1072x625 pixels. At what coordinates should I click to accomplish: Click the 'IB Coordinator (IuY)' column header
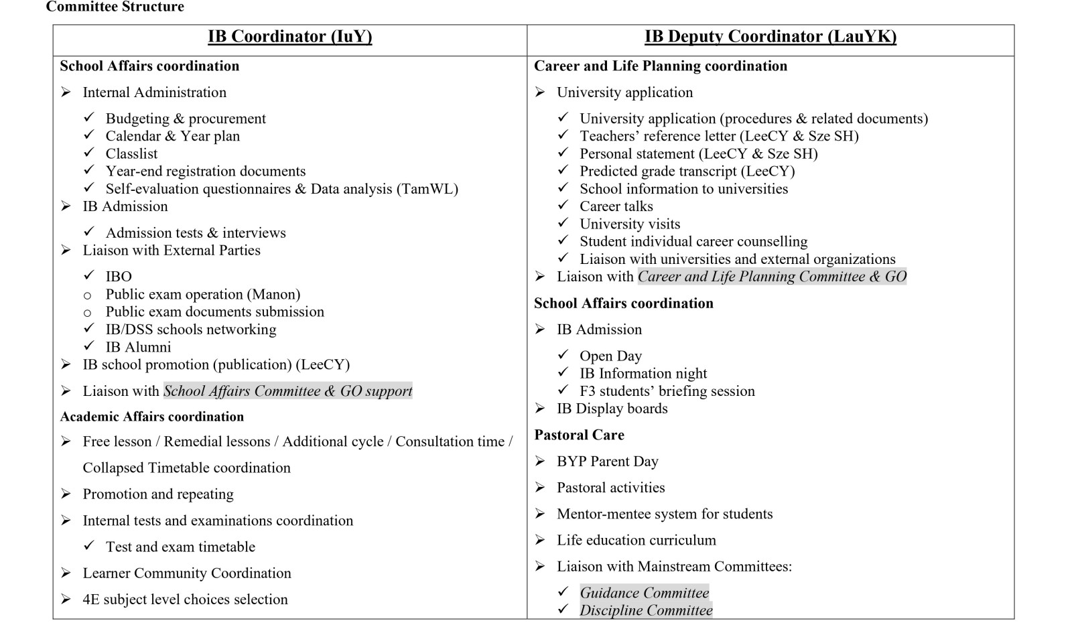pyautogui.click(x=289, y=37)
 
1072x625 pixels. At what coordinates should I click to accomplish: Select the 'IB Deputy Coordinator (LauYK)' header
pyautogui.click(x=770, y=37)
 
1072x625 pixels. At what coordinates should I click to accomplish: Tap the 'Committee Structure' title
pyautogui.click(x=115, y=7)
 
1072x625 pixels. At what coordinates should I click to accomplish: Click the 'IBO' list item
pyautogui.click(x=119, y=277)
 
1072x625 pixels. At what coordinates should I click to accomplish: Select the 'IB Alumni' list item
pyautogui.click(x=138, y=347)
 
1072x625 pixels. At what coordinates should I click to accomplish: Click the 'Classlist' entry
pyautogui.click(x=131, y=154)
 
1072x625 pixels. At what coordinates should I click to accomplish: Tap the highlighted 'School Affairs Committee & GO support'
pyautogui.click(x=287, y=391)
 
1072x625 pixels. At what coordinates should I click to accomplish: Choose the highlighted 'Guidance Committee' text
pyautogui.click(x=644, y=593)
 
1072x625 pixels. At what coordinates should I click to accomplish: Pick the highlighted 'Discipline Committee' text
pyautogui.click(x=646, y=610)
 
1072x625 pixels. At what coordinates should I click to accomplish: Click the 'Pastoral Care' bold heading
pyautogui.click(x=579, y=435)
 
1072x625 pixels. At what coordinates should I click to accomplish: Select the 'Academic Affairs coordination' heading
pyautogui.click(x=151, y=417)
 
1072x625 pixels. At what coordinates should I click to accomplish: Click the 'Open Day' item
pyautogui.click(x=610, y=356)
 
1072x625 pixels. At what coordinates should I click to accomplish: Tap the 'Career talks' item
pyautogui.click(x=616, y=206)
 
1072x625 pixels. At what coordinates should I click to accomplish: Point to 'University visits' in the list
pyautogui.click(x=630, y=224)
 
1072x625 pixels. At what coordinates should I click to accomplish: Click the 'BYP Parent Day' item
pyautogui.click(x=607, y=462)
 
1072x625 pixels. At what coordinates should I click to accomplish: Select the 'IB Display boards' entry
pyautogui.click(x=612, y=409)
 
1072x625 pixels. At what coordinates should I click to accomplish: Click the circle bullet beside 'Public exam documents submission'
pyautogui.click(x=87, y=313)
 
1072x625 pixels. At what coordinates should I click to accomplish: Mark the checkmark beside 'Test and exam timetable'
pyautogui.click(x=89, y=546)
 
